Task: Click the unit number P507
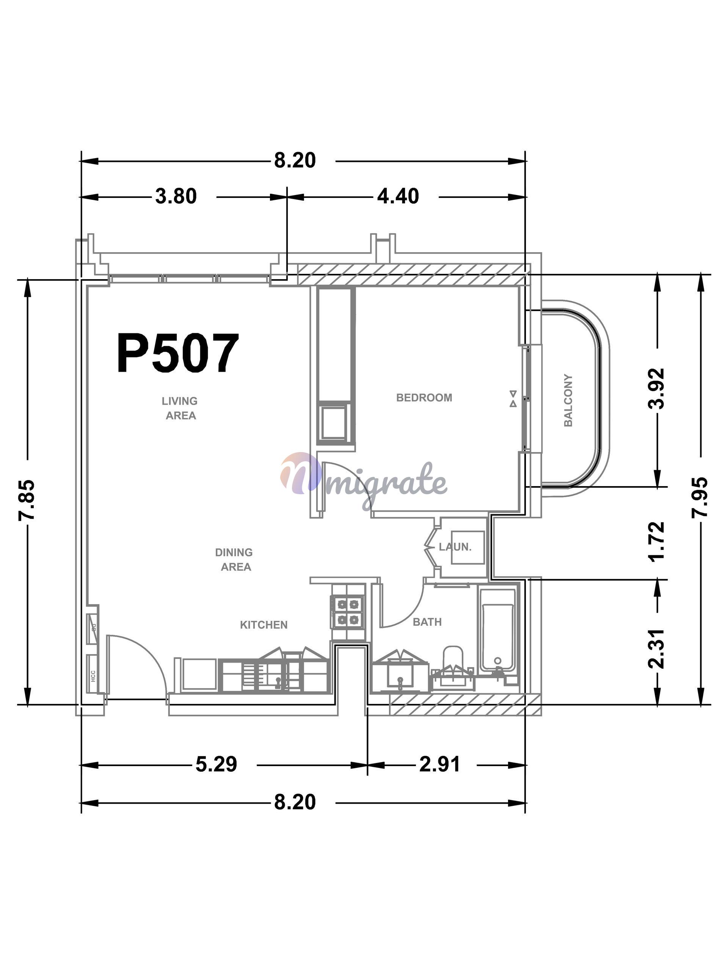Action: pos(178,353)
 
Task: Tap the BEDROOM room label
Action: pos(424,397)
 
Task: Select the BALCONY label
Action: pos(568,400)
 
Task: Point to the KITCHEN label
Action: pos(264,625)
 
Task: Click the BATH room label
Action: pos(427,622)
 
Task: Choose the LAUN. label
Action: pos(455,546)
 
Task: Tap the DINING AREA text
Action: pos(234,560)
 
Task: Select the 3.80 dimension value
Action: pos(176,196)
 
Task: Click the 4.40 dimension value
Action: pos(398,196)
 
